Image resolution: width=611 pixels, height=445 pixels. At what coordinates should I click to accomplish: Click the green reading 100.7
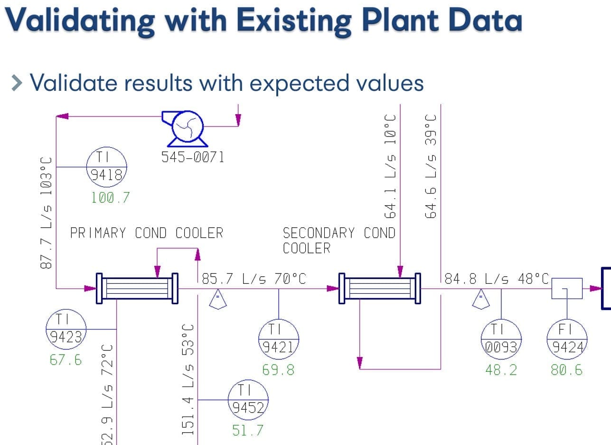(x=110, y=197)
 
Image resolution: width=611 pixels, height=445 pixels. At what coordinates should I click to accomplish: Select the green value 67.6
(x=66, y=360)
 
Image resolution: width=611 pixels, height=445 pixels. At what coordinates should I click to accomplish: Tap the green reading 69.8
(x=279, y=370)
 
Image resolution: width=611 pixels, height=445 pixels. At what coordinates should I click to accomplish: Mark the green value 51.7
(x=248, y=431)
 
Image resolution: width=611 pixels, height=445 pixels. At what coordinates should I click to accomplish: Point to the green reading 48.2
(x=501, y=370)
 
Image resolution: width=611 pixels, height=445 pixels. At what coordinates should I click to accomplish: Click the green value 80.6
(x=567, y=370)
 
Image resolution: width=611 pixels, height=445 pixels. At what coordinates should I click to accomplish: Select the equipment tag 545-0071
(x=193, y=157)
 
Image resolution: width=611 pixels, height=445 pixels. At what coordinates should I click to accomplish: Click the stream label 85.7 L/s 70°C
(x=254, y=279)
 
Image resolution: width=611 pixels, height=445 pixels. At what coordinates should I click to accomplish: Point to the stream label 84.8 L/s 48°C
(x=497, y=279)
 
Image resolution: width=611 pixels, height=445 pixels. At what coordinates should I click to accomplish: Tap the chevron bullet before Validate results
(x=17, y=83)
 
